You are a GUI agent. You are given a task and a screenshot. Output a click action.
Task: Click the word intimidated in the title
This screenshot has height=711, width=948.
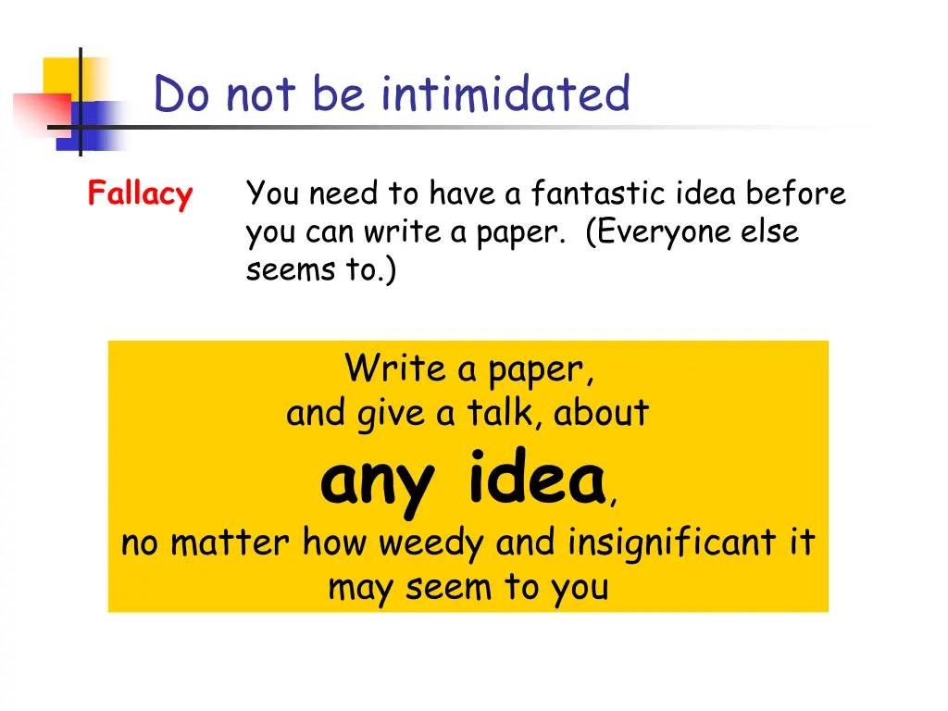point(505,94)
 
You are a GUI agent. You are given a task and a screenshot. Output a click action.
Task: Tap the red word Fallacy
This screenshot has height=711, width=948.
point(140,194)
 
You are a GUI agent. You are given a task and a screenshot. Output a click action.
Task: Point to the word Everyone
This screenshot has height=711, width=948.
point(666,232)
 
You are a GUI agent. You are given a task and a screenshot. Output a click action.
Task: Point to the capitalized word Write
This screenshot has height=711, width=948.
point(395,369)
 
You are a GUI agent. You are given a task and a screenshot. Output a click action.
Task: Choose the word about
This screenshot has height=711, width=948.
point(602,413)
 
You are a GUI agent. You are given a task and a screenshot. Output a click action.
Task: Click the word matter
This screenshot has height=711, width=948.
point(231,543)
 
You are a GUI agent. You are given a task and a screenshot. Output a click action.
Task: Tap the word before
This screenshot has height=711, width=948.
point(796,193)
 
